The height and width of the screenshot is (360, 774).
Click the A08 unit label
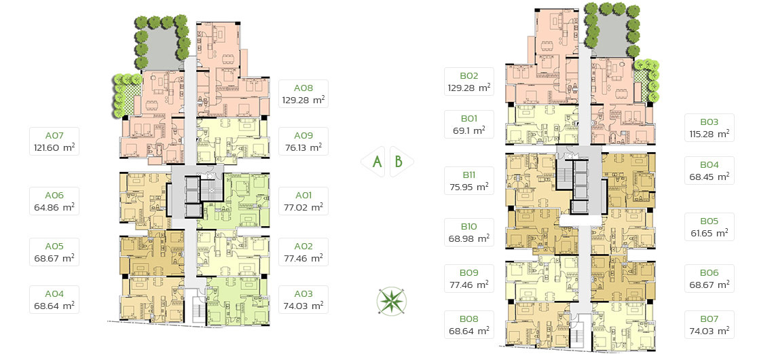(303, 88)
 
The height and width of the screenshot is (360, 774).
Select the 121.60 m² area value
(54, 147)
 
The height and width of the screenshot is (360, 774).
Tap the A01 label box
(303, 200)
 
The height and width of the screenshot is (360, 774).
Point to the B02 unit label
(469, 76)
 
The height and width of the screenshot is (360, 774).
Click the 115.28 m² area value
(709, 134)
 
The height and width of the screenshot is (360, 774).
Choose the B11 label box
(469, 180)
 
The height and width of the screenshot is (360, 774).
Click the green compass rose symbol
(392, 301)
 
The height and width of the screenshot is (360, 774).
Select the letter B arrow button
(401, 162)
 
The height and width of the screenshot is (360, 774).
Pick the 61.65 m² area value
(709, 233)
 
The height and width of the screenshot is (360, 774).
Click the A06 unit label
(54, 196)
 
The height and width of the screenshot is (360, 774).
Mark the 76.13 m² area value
(303, 147)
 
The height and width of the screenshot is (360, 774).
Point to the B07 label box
(709, 325)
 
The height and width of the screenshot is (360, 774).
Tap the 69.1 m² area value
(469, 130)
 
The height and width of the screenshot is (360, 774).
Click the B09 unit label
(469, 273)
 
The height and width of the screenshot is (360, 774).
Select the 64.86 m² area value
(54, 207)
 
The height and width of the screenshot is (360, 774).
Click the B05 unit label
(709, 221)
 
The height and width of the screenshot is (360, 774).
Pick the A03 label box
(303, 300)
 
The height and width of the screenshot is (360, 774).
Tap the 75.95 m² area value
(469, 186)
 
